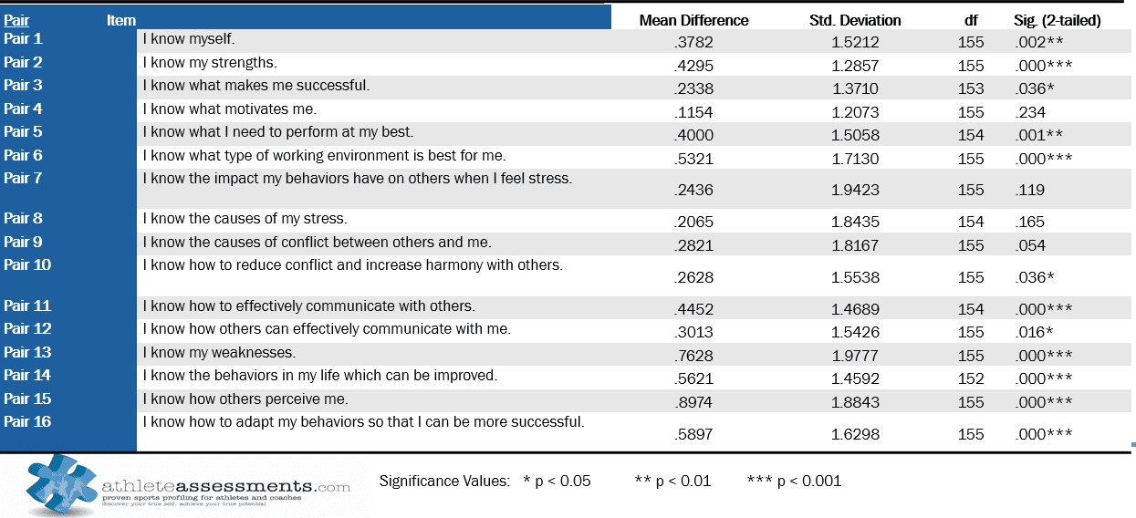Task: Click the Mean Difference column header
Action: (x=693, y=20)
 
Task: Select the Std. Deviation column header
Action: (x=855, y=20)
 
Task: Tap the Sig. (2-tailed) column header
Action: (x=1058, y=20)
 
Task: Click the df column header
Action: (x=971, y=20)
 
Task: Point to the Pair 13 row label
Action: (x=27, y=352)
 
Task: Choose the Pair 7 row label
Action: (x=23, y=178)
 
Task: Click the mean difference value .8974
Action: (x=693, y=402)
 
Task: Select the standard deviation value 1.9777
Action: (x=855, y=356)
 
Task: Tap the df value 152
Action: (x=971, y=378)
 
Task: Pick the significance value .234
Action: (x=1030, y=112)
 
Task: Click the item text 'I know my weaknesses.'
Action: (x=219, y=352)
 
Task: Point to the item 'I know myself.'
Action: (x=189, y=39)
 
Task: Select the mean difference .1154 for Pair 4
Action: (x=693, y=112)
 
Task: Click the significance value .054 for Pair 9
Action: (x=1030, y=245)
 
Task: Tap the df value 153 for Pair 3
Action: (x=971, y=88)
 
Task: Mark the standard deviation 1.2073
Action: (x=855, y=112)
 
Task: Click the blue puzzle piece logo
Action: (x=60, y=484)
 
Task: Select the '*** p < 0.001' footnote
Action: (x=794, y=481)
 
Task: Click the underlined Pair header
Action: (x=16, y=20)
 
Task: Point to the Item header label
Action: (x=121, y=20)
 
